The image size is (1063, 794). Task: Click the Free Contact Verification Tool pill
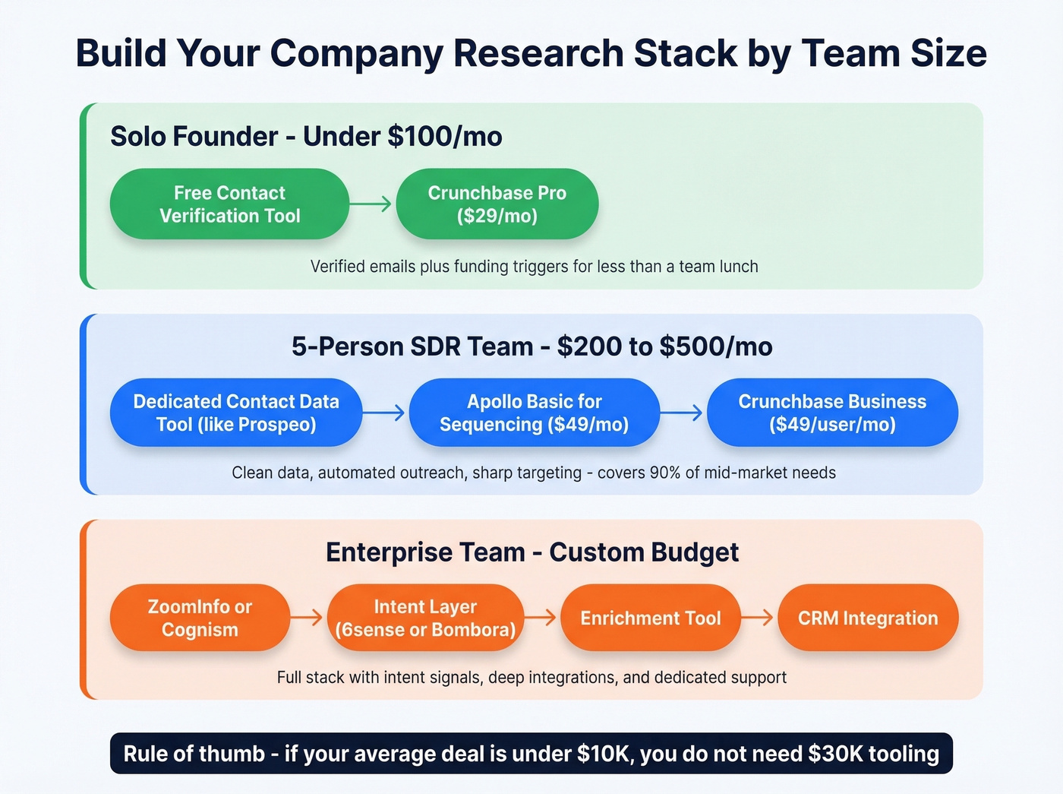click(x=229, y=204)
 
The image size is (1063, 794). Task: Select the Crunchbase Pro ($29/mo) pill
click(x=497, y=204)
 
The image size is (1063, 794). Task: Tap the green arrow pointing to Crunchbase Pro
click(x=371, y=204)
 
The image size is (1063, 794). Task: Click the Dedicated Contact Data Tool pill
click(x=235, y=413)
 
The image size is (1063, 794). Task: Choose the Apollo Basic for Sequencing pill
click(x=534, y=413)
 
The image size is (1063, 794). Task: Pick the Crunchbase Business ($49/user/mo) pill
click(x=832, y=413)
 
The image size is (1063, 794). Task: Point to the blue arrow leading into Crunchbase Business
click(x=682, y=413)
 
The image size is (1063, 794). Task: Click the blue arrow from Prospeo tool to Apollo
click(x=384, y=413)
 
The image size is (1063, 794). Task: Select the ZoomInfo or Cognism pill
click(x=200, y=618)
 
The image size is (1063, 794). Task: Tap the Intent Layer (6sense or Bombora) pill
click(x=425, y=618)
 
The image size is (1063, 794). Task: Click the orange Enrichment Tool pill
click(x=650, y=618)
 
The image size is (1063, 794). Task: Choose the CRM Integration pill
click(x=868, y=618)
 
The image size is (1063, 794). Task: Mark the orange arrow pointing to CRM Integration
click(x=758, y=618)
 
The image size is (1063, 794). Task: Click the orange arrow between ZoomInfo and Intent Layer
click(x=308, y=618)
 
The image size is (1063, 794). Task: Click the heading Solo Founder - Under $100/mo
click(x=306, y=137)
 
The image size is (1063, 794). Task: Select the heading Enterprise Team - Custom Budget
click(x=531, y=552)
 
